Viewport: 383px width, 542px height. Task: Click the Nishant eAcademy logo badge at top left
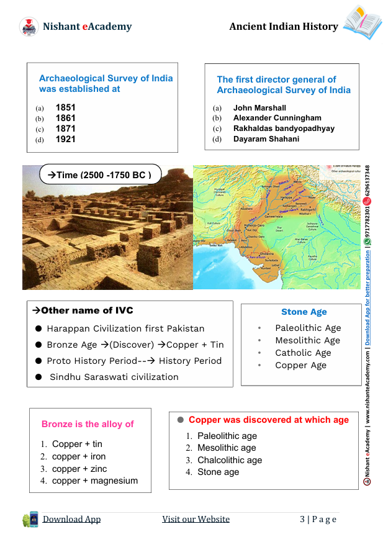[x=29, y=27]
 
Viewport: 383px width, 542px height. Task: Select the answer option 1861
[x=65, y=118]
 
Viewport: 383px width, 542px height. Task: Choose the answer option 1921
[x=65, y=139]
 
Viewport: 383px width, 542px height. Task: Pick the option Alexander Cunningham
[x=277, y=118]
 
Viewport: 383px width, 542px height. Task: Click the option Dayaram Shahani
[x=266, y=139]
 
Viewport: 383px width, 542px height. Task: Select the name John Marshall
[x=259, y=107]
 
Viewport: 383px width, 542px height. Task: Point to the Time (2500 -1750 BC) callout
[x=100, y=175]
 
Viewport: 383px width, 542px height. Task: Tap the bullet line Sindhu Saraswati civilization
[x=114, y=377]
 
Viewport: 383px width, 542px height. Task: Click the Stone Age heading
[x=304, y=312]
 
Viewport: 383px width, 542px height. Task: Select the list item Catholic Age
[x=303, y=353]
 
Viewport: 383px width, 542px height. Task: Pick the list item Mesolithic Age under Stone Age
[x=307, y=340]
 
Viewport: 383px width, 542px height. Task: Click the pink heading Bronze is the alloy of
[x=88, y=424]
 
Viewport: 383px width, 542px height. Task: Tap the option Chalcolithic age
[x=230, y=460]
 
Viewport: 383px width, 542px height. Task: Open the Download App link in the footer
[x=71, y=519]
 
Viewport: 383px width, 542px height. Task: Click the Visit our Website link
[x=196, y=519]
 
